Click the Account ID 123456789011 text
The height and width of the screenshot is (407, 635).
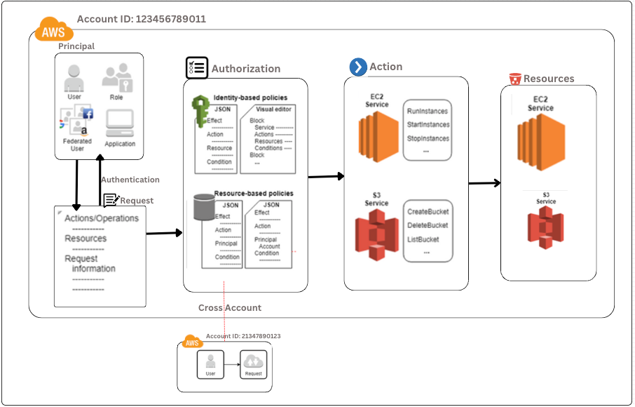[141, 19]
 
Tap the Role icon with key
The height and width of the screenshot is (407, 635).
[116, 76]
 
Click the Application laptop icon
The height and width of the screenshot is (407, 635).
[120, 124]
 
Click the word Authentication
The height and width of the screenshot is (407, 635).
[130, 180]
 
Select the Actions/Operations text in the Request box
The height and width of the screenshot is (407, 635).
[102, 218]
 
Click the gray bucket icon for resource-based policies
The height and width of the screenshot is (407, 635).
[203, 208]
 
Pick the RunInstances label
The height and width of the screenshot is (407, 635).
[427, 111]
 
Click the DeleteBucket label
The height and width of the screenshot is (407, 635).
[427, 225]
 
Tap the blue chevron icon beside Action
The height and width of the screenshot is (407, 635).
[358, 67]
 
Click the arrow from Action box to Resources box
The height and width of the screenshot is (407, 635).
[484, 183]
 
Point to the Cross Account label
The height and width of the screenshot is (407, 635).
[230, 307]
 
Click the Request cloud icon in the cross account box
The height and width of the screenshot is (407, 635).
[253, 362]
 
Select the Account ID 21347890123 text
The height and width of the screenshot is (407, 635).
[243, 336]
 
